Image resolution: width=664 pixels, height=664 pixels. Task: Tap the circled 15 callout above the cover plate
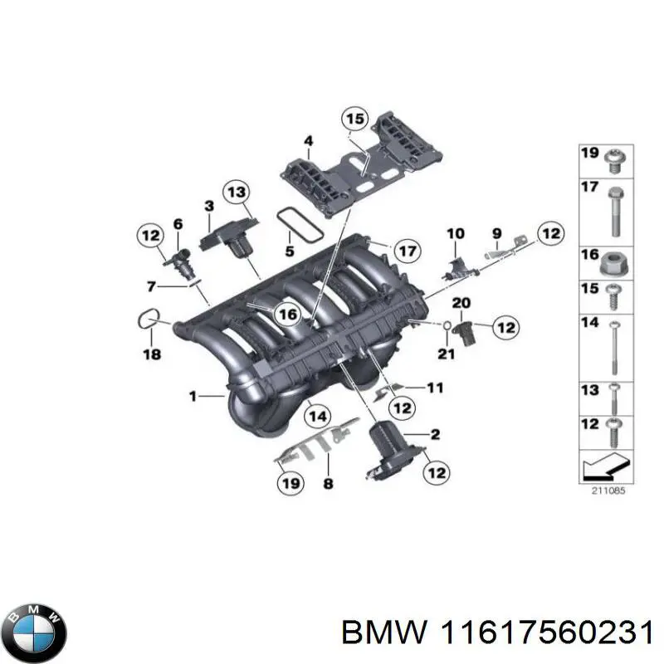(355, 120)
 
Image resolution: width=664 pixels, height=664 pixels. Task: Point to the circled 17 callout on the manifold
(405, 249)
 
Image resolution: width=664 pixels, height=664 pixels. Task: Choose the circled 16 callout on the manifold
(287, 315)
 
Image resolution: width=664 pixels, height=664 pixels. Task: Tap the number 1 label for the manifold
(193, 398)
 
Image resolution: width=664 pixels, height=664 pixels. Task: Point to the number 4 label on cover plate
(308, 142)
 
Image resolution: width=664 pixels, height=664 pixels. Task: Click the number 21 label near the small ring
(447, 355)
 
